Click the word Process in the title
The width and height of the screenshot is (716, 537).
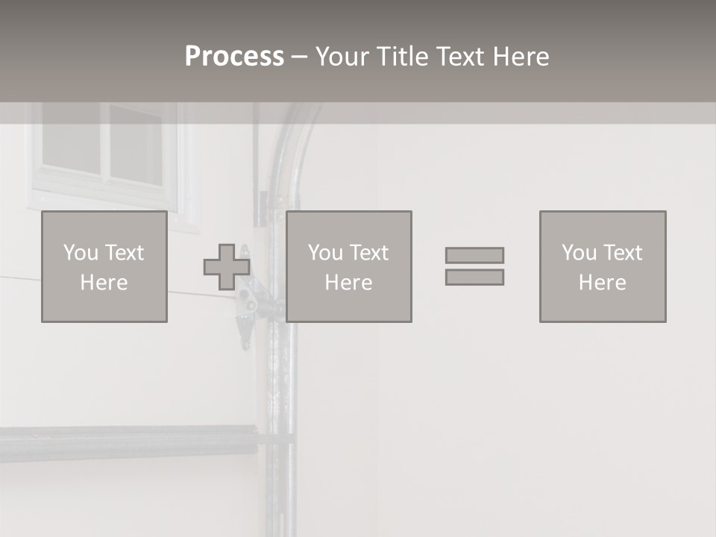(x=234, y=57)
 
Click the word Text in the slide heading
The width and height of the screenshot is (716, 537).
(x=457, y=57)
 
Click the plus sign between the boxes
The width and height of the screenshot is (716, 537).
(x=227, y=267)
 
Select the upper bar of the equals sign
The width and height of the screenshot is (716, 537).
(x=474, y=255)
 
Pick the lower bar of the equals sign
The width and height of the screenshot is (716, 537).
(x=474, y=277)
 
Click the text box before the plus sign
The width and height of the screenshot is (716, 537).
(x=104, y=267)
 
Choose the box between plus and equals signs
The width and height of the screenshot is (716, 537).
(x=349, y=267)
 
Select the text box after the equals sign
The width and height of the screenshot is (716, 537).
(x=603, y=267)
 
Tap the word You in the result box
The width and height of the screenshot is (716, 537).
(x=579, y=253)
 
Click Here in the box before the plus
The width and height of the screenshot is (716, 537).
(x=104, y=283)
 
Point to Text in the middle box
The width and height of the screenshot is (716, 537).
(x=369, y=253)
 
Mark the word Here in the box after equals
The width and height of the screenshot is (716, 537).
(x=603, y=283)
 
